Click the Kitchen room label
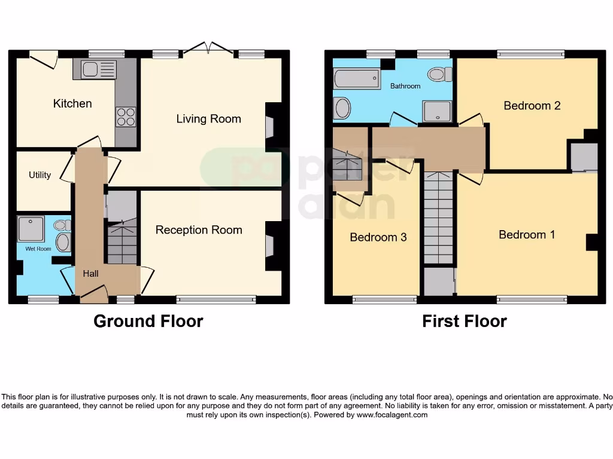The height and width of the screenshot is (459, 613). coord(72,103)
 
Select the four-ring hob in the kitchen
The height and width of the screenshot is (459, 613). coord(126,116)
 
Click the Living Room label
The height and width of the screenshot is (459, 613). coord(208,119)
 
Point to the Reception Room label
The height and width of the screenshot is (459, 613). coord(199,230)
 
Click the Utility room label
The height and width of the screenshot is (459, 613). coord(40,175)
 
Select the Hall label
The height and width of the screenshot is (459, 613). coord(91,274)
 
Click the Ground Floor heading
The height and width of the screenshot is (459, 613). coord(148,322)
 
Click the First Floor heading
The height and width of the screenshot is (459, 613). coord(464,322)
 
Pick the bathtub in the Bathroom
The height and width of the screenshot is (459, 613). coord(356,78)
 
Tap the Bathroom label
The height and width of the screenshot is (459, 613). coord(405,86)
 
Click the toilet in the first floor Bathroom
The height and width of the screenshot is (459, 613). coord(439,74)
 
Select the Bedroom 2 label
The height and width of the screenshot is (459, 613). coord(532,106)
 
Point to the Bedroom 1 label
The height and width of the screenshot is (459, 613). coord(527,235)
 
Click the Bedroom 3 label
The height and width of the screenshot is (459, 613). coord(378,237)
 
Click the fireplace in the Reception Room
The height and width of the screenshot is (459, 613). coord(271,246)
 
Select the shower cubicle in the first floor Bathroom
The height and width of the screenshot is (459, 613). coord(436,111)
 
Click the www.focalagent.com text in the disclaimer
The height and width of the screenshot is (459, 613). coord(392,415)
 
